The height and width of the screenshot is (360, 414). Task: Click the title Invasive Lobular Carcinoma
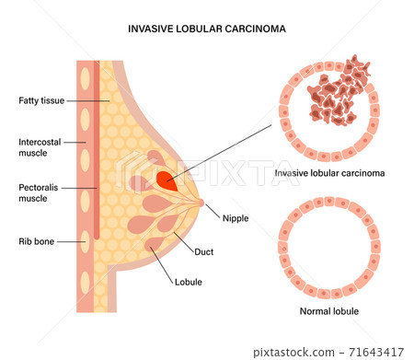pyautogui.click(x=206, y=29)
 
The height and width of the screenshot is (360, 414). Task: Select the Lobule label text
pyautogui.click(x=190, y=282)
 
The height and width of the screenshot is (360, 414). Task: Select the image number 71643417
pyautogui.click(x=380, y=351)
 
